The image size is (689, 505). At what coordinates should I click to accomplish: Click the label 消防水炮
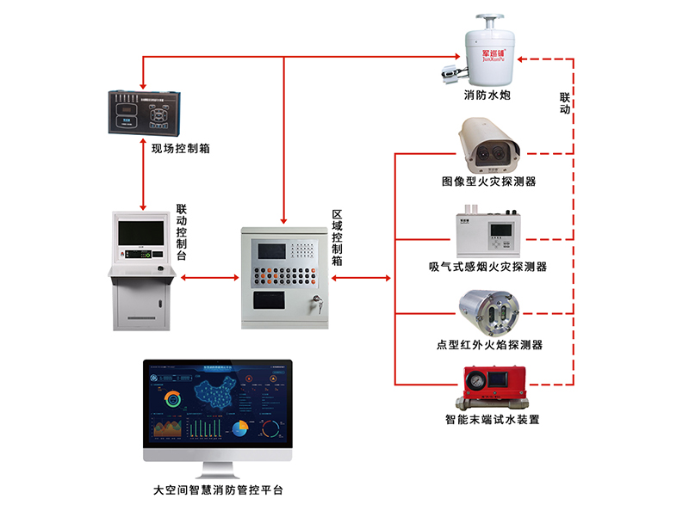(487, 95)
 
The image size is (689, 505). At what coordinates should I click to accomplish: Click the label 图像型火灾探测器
(487, 182)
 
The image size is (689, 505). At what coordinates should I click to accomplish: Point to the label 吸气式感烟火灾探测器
(487, 267)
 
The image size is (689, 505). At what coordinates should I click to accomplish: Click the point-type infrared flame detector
(486, 311)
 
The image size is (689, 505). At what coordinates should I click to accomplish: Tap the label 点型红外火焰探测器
(487, 345)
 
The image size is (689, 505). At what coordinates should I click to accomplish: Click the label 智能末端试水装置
(487, 421)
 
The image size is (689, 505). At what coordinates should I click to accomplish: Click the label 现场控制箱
(181, 149)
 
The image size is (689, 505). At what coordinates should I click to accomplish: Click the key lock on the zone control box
(315, 302)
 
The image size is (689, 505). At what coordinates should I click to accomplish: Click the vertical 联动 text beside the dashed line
(565, 102)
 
